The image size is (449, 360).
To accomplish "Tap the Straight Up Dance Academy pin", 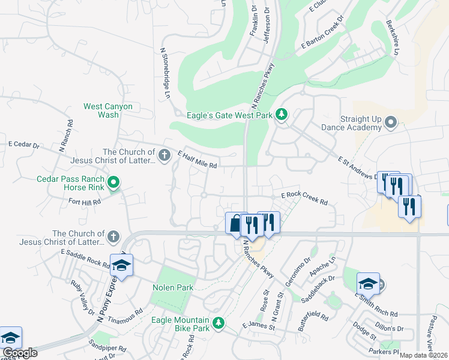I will pyautogui.click(x=391, y=123).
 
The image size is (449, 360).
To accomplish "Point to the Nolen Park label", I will pyautogui.click(x=173, y=287).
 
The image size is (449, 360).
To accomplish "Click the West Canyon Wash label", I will pyautogui.click(x=108, y=110).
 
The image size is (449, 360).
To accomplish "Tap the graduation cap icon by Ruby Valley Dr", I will pyautogui.click(x=121, y=265).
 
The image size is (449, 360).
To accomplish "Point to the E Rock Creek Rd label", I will pyautogui.click(x=304, y=198).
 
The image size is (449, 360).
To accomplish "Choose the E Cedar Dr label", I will pyautogui.click(x=23, y=145).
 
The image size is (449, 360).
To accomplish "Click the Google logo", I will pyautogui.click(x=20, y=353).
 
